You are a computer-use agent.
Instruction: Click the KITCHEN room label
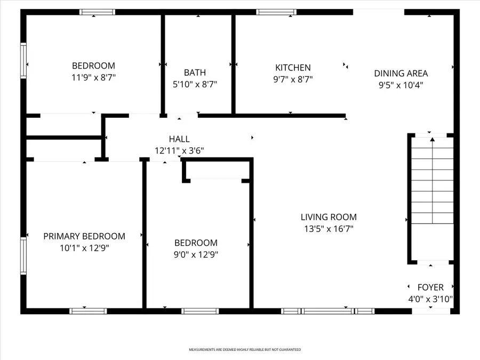(x=293, y=68)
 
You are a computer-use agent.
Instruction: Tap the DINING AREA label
(x=401, y=74)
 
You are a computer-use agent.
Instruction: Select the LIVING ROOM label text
(x=329, y=217)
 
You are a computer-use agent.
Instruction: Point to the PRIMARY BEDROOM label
(x=84, y=236)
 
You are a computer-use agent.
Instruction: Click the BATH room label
(x=195, y=73)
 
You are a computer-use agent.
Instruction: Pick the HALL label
(x=179, y=139)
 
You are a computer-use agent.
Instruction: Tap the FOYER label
(x=430, y=287)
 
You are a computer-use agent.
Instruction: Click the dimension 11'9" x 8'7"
(x=93, y=77)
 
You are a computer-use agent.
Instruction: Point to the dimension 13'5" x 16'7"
(x=329, y=229)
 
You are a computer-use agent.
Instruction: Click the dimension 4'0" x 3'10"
(x=430, y=299)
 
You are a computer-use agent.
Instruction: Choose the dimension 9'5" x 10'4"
(x=401, y=85)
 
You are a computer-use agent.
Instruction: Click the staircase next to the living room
(x=431, y=198)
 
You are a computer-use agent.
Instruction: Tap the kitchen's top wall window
(x=276, y=12)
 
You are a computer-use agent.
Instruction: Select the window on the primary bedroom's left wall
(x=23, y=256)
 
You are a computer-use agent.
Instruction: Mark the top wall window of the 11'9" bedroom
(x=97, y=12)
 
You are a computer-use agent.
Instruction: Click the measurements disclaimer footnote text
(x=245, y=350)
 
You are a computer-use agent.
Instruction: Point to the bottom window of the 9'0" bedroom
(x=199, y=311)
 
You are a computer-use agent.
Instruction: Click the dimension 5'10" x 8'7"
(x=195, y=84)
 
